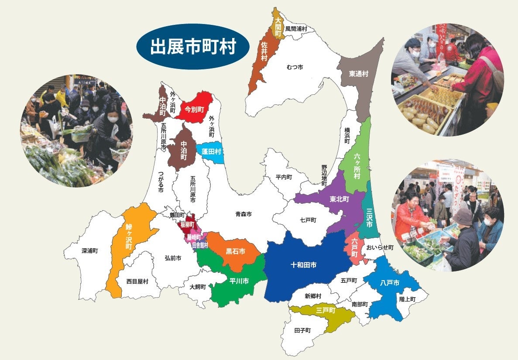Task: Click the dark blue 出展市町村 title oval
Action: pyautogui.click(x=193, y=46)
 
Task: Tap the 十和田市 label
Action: pyautogui.click(x=304, y=265)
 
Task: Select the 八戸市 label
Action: pyautogui.click(x=390, y=283)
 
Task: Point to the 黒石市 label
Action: pyautogui.click(x=235, y=252)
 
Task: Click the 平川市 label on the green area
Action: pyautogui.click(x=239, y=281)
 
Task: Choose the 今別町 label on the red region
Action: pyautogui.click(x=194, y=109)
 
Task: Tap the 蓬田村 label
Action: pyautogui.click(x=211, y=151)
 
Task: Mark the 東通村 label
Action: pyautogui.click(x=359, y=74)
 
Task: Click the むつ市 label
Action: pyautogui.click(x=295, y=67)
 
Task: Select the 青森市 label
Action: pyautogui.click(x=244, y=214)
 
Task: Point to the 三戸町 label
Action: pyautogui.click(x=326, y=311)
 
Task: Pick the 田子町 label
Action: pyautogui.click(x=302, y=330)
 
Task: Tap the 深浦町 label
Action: pyautogui.click(x=90, y=251)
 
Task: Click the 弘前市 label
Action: pyautogui.click(x=173, y=258)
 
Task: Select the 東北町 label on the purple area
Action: pyautogui.click(x=339, y=199)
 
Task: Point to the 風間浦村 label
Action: pyautogui.click(x=296, y=29)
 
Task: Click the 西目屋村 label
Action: pyautogui.click(x=137, y=281)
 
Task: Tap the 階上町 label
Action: pyautogui.click(x=407, y=299)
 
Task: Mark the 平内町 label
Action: pyautogui.click(x=284, y=178)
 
